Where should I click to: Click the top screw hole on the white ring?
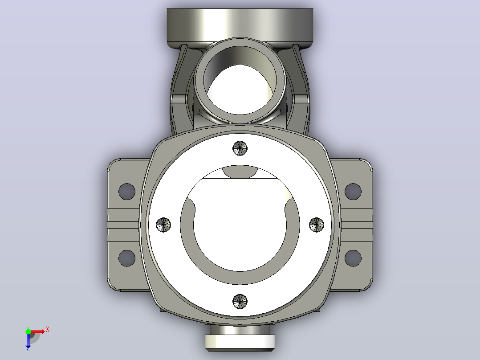tap(240, 148)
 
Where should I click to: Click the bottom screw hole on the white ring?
tap(240, 302)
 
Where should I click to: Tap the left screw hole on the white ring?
tap(163, 225)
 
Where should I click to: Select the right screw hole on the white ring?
tap(317, 225)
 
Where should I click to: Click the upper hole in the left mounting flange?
tap(127, 192)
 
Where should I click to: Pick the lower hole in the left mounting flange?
tap(127, 258)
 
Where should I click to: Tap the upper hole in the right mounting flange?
tap(353, 192)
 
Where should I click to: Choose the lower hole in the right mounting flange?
tap(353, 258)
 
